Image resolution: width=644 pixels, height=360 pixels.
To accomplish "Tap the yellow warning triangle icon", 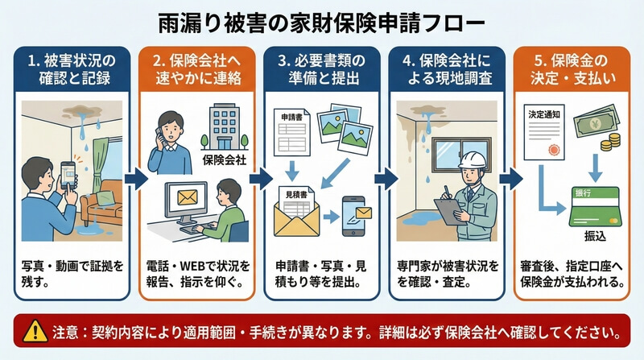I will (36, 332).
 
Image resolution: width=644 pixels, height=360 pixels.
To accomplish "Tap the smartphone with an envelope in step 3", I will (356, 214).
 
